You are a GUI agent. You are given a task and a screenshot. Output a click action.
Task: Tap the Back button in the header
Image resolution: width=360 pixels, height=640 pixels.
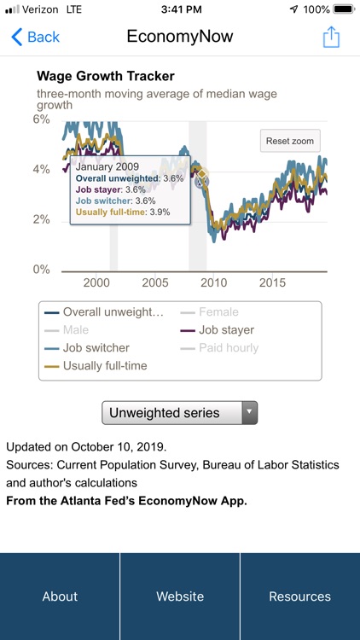(35, 37)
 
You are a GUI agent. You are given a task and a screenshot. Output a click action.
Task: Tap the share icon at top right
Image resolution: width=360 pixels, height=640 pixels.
(331, 37)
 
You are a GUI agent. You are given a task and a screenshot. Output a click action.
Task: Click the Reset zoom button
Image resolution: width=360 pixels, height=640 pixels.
(290, 141)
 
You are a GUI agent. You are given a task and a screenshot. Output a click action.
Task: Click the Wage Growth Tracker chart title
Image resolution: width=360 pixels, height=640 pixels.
(105, 76)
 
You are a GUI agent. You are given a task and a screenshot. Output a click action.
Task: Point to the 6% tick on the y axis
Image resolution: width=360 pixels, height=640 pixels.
(41, 119)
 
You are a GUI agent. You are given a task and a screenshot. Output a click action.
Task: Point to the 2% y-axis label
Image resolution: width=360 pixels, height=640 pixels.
(41, 219)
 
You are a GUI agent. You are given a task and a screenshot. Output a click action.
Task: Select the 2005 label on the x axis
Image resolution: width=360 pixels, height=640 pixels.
(154, 282)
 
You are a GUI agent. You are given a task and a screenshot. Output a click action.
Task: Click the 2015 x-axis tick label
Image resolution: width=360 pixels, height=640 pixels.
(272, 282)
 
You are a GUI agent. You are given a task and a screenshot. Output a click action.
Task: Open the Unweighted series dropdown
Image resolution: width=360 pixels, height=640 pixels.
(179, 413)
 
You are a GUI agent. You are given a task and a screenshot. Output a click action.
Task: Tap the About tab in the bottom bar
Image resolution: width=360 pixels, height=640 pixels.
(60, 596)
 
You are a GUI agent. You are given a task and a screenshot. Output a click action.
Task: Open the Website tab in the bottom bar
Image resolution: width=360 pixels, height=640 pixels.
(180, 596)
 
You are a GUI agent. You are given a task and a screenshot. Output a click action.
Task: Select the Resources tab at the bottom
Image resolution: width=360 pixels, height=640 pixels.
(299, 596)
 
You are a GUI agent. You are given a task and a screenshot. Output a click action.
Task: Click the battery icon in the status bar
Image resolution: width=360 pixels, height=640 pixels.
(343, 9)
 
